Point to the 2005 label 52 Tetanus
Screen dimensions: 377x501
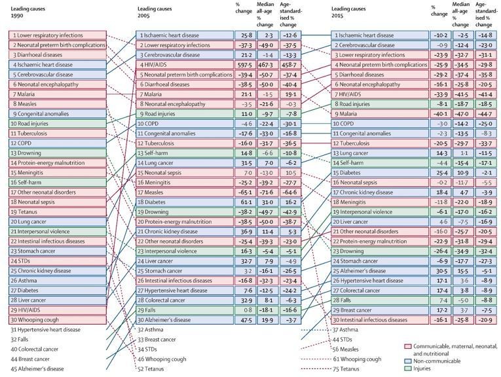(x=158, y=368)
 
